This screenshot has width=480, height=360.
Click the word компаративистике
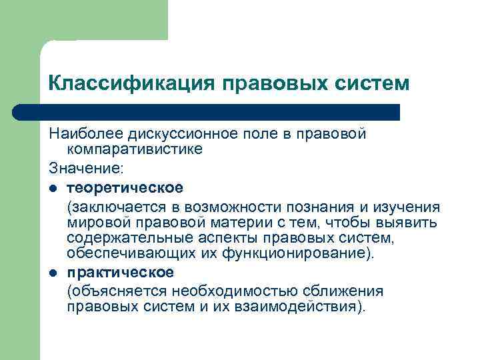tap(135, 149)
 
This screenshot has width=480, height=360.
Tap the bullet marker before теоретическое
tap(53, 187)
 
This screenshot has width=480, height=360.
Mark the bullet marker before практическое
tap(53, 273)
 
